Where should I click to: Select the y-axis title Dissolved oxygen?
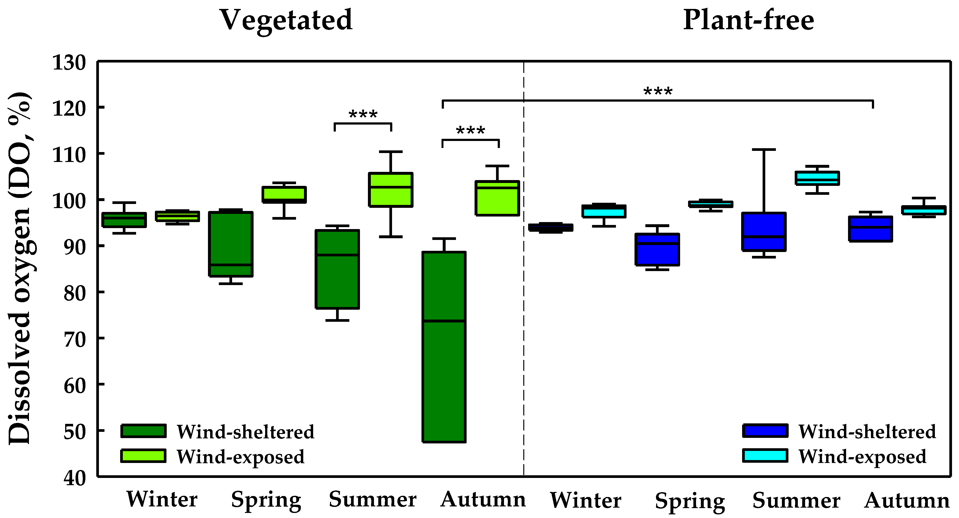(x=19, y=268)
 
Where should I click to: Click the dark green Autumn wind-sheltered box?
(x=444, y=346)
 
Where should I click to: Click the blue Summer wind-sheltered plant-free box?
(x=764, y=232)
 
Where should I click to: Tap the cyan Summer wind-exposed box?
(x=817, y=178)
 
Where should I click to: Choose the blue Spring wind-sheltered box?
(x=657, y=250)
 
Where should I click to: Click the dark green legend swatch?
(x=143, y=431)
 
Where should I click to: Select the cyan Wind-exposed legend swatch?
(x=765, y=456)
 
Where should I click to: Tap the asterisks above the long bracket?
(x=658, y=91)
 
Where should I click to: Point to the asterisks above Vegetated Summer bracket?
(x=363, y=114)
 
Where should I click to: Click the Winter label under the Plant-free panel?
(x=586, y=500)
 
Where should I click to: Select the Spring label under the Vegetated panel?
(x=266, y=500)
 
